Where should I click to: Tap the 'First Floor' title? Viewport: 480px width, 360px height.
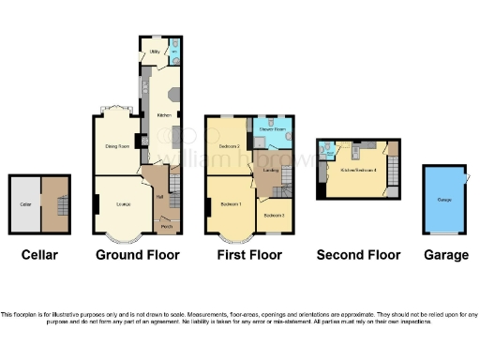248,255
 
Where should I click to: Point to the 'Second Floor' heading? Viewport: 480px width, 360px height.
358,255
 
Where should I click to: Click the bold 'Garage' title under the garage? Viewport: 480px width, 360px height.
446,255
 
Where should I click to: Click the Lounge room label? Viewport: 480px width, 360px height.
123,202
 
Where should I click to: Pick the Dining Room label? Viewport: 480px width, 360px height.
116,146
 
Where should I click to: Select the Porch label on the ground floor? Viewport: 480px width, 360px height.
166,227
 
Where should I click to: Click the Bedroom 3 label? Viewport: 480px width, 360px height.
275,216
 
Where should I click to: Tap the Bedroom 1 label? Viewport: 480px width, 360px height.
231,204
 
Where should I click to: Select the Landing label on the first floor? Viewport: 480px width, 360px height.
272,171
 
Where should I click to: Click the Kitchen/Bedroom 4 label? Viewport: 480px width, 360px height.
358,171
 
